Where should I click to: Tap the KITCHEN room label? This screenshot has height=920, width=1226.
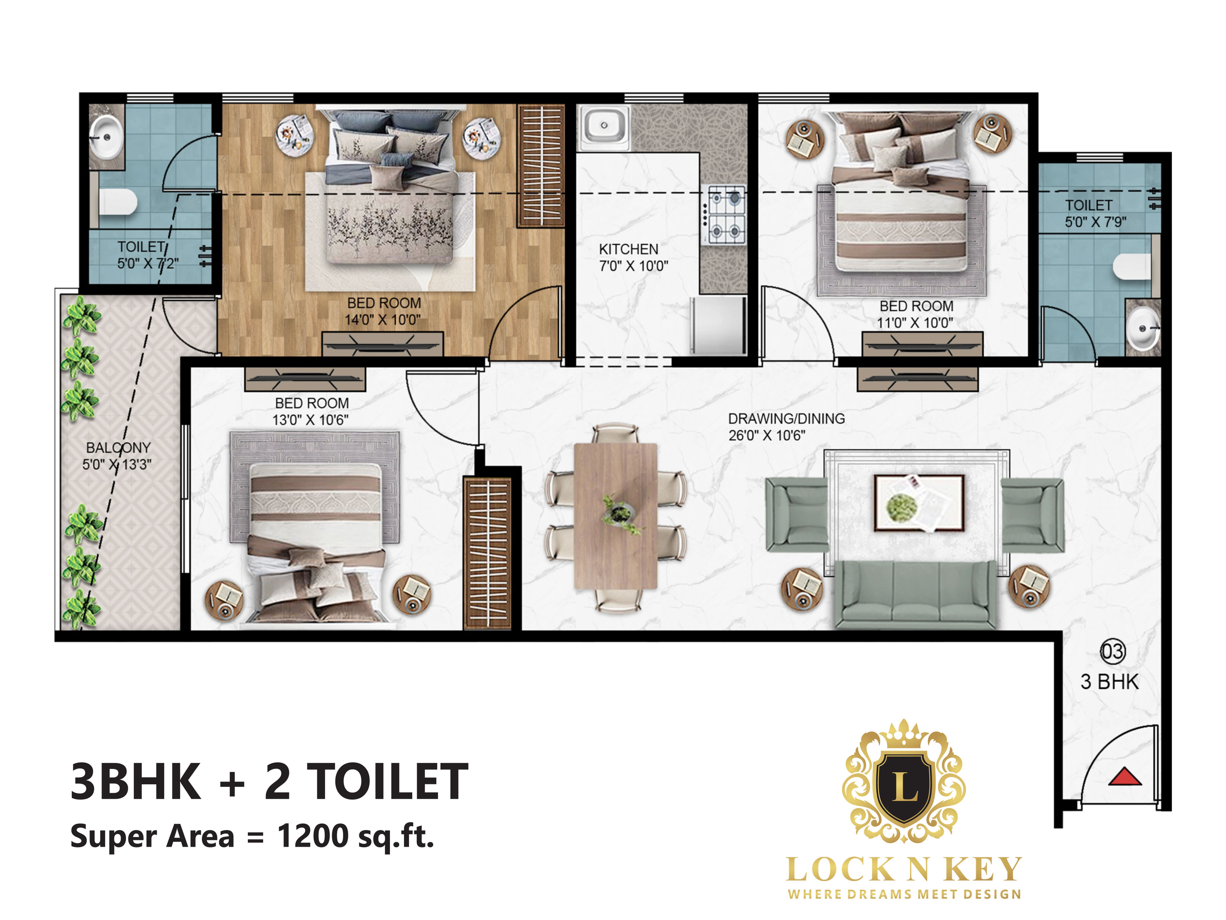tap(629, 249)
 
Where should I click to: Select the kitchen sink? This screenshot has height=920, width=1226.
tap(604, 126)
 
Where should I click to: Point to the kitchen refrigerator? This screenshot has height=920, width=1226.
tap(718, 326)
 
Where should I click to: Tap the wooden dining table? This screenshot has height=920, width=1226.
tap(615, 516)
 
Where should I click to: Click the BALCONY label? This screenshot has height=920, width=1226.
tap(118, 448)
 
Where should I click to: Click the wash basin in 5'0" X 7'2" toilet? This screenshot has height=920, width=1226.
tap(106, 136)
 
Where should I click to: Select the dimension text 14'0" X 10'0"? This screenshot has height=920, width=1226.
tap(382, 320)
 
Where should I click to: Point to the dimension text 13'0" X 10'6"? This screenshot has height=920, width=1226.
tap(310, 420)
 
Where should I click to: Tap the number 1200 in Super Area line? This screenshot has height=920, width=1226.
tap(312, 836)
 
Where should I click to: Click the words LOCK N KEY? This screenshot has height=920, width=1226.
tap(904, 869)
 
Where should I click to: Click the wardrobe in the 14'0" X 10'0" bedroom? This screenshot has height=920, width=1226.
tap(541, 166)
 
